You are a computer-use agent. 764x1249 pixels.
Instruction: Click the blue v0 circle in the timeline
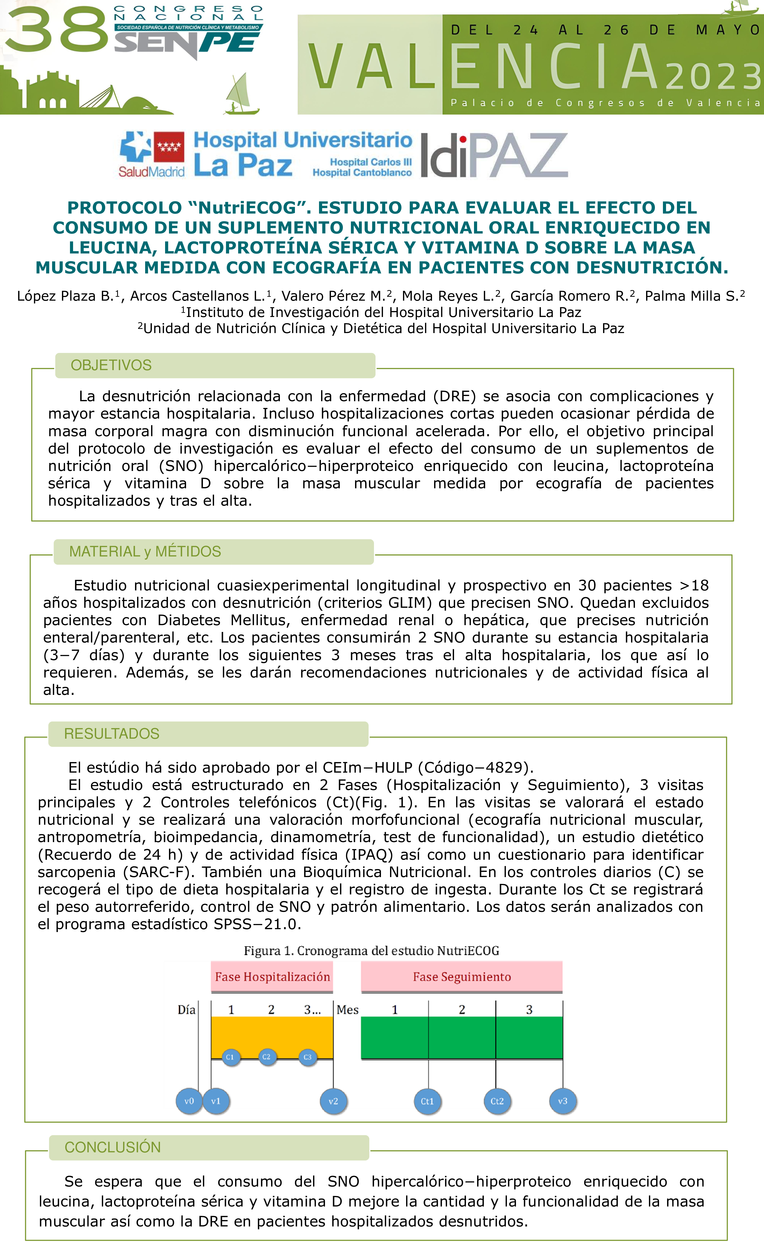(189, 1101)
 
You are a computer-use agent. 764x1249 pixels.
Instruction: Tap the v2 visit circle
(333, 1101)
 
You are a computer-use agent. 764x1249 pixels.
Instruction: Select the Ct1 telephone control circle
(427, 1101)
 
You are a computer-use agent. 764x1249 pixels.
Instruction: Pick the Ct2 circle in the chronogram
(497, 1101)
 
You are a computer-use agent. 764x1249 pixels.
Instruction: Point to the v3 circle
(563, 1101)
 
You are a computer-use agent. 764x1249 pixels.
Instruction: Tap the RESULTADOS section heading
(111, 733)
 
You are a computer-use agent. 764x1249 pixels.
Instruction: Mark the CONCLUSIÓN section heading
(112, 1147)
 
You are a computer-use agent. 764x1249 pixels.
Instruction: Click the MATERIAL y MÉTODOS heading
(145, 552)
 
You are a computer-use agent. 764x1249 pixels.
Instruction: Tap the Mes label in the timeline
(348, 1010)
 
